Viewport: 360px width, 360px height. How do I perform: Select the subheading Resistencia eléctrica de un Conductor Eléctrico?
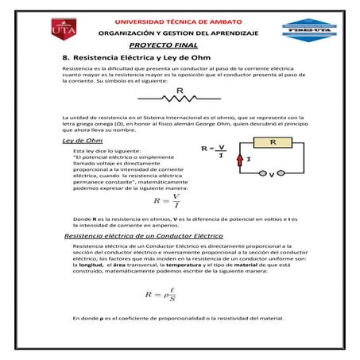pyautogui.click(x=144, y=236)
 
